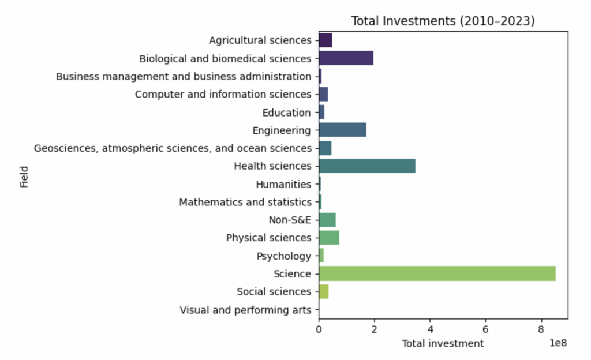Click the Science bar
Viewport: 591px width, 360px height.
coord(437,273)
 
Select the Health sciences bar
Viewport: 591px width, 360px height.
coord(367,166)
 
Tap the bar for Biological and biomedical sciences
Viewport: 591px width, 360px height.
coord(346,58)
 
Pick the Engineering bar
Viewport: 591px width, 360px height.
coord(342,130)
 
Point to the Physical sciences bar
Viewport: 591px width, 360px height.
coord(329,238)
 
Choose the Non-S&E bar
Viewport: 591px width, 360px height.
coord(327,220)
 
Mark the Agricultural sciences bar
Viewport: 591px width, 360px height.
coord(326,40)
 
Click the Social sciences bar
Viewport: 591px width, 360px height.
coord(324,291)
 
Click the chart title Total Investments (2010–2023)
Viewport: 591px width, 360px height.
coord(443,21)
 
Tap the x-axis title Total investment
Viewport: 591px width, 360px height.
coord(443,344)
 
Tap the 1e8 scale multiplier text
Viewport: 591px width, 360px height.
coord(556,343)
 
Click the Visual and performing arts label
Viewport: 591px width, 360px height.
coord(245,310)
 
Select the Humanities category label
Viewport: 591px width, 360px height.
coord(283,184)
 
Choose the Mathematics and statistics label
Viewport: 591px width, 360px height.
coord(245,202)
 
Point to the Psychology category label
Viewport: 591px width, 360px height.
coord(284,256)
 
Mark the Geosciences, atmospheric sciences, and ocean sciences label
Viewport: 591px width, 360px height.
coord(173,148)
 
